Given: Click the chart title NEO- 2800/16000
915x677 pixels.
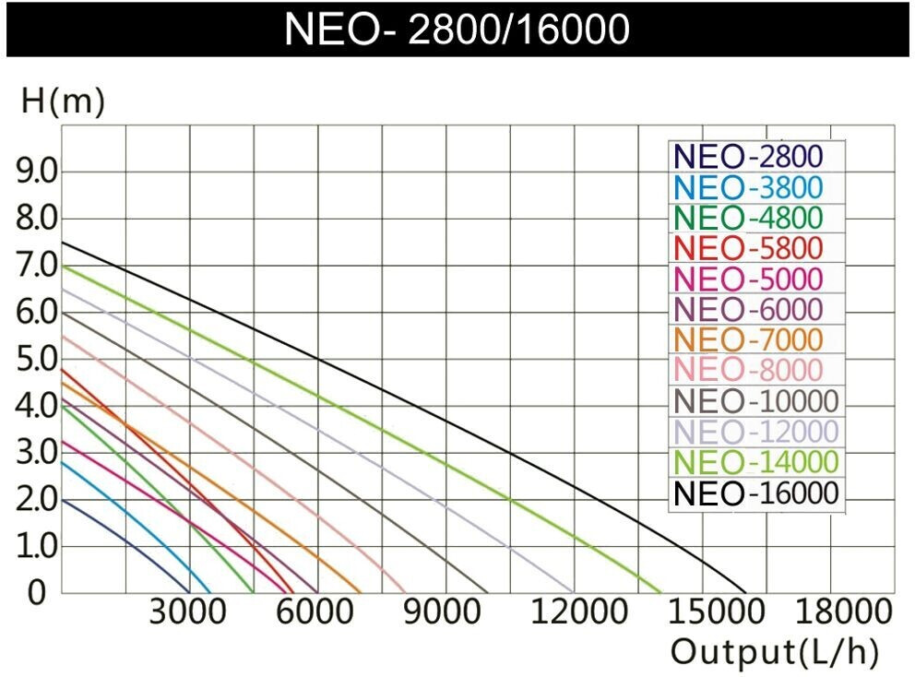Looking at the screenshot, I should [457, 28].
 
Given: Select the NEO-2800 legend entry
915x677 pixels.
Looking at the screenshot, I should [748, 156].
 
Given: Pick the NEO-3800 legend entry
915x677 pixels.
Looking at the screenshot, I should [748, 186].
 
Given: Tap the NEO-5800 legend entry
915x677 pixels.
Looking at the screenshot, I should [748, 247].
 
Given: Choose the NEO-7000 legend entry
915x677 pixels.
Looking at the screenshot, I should [748, 338].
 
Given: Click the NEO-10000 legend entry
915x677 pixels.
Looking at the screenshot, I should [755, 401].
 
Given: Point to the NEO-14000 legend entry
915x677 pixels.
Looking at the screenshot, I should [755, 462].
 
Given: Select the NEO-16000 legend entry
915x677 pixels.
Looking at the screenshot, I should [755, 493].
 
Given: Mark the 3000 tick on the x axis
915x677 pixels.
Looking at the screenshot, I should [189, 612].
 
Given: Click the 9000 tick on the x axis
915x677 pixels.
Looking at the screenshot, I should [446, 612].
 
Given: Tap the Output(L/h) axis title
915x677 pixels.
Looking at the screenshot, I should [773, 651].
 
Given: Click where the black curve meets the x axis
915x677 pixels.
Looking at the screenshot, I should [745, 592].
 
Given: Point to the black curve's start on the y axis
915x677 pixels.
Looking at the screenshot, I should [61, 242].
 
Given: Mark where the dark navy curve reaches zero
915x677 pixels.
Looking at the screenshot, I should [189, 592].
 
